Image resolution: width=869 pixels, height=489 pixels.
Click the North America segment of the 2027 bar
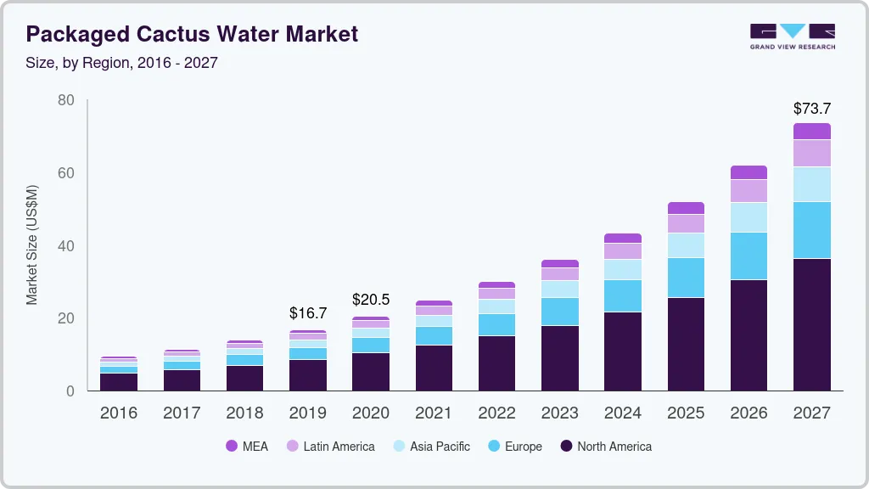(x=812, y=324)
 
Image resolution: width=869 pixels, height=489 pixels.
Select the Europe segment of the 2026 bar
(x=748, y=256)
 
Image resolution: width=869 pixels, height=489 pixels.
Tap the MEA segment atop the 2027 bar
(x=812, y=131)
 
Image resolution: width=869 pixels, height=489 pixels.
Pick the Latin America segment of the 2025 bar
(x=686, y=223)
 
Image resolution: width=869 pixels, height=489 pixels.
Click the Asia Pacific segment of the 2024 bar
(x=623, y=269)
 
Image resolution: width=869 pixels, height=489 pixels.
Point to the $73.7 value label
(x=812, y=109)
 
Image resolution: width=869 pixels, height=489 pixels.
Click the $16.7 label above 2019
(x=308, y=314)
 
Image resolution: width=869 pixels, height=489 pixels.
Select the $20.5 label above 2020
(x=371, y=300)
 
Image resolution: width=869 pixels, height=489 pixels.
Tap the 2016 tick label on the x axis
(x=119, y=413)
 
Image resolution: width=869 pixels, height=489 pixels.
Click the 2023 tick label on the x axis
(x=560, y=413)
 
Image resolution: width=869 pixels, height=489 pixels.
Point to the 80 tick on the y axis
(x=66, y=100)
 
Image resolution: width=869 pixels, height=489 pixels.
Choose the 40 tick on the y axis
(x=66, y=246)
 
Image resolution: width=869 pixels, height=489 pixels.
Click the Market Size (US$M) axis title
(x=31, y=245)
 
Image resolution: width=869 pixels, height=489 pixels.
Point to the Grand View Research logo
(x=792, y=36)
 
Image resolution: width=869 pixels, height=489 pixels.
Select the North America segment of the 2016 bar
(x=119, y=382)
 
